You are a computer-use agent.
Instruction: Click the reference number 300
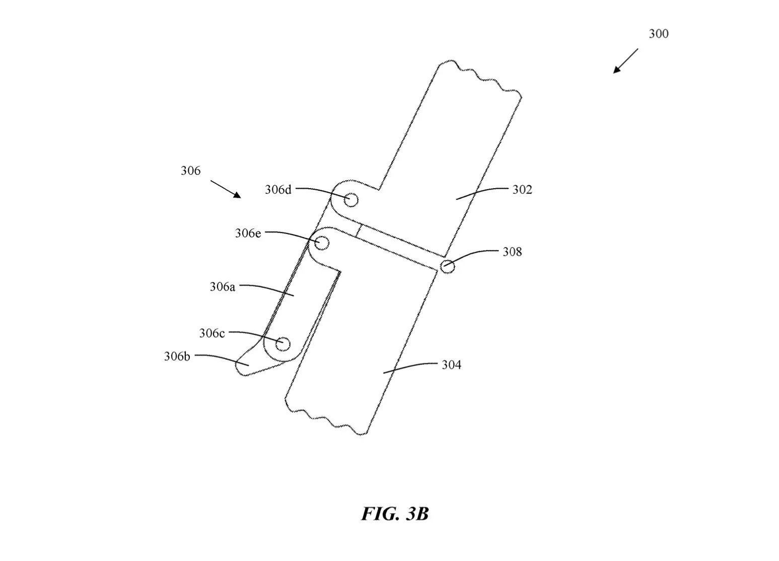(x=658, y=34)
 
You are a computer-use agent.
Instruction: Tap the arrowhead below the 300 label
(x=616, y=69)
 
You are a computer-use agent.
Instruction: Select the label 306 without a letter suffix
(x=190, y=171)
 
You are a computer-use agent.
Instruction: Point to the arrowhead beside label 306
(x=237, y=195)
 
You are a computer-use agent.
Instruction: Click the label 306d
(x=278, y=190)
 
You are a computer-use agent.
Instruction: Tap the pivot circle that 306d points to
(x=351, y=200)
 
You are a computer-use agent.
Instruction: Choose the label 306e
(x=248, y=233)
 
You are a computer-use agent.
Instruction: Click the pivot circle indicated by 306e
(x=322, y=243)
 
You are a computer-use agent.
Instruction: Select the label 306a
(x=223, y=287)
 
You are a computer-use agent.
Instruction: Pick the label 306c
(x=212, y=334)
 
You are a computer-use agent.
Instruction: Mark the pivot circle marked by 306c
(x=282, y=344)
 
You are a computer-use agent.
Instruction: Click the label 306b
(x=177, y=356)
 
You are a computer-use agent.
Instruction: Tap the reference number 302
(x=522, y=190)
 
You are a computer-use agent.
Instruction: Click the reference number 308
(x=512, y=252)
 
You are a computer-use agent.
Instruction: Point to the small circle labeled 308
(x=448, y=267)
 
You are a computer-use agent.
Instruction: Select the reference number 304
(x=451, y=365)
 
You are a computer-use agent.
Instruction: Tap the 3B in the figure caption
(x=417, y=514)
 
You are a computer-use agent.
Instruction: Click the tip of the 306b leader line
(x=249, y=365)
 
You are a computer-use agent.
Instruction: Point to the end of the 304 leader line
(x=383, y=373)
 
